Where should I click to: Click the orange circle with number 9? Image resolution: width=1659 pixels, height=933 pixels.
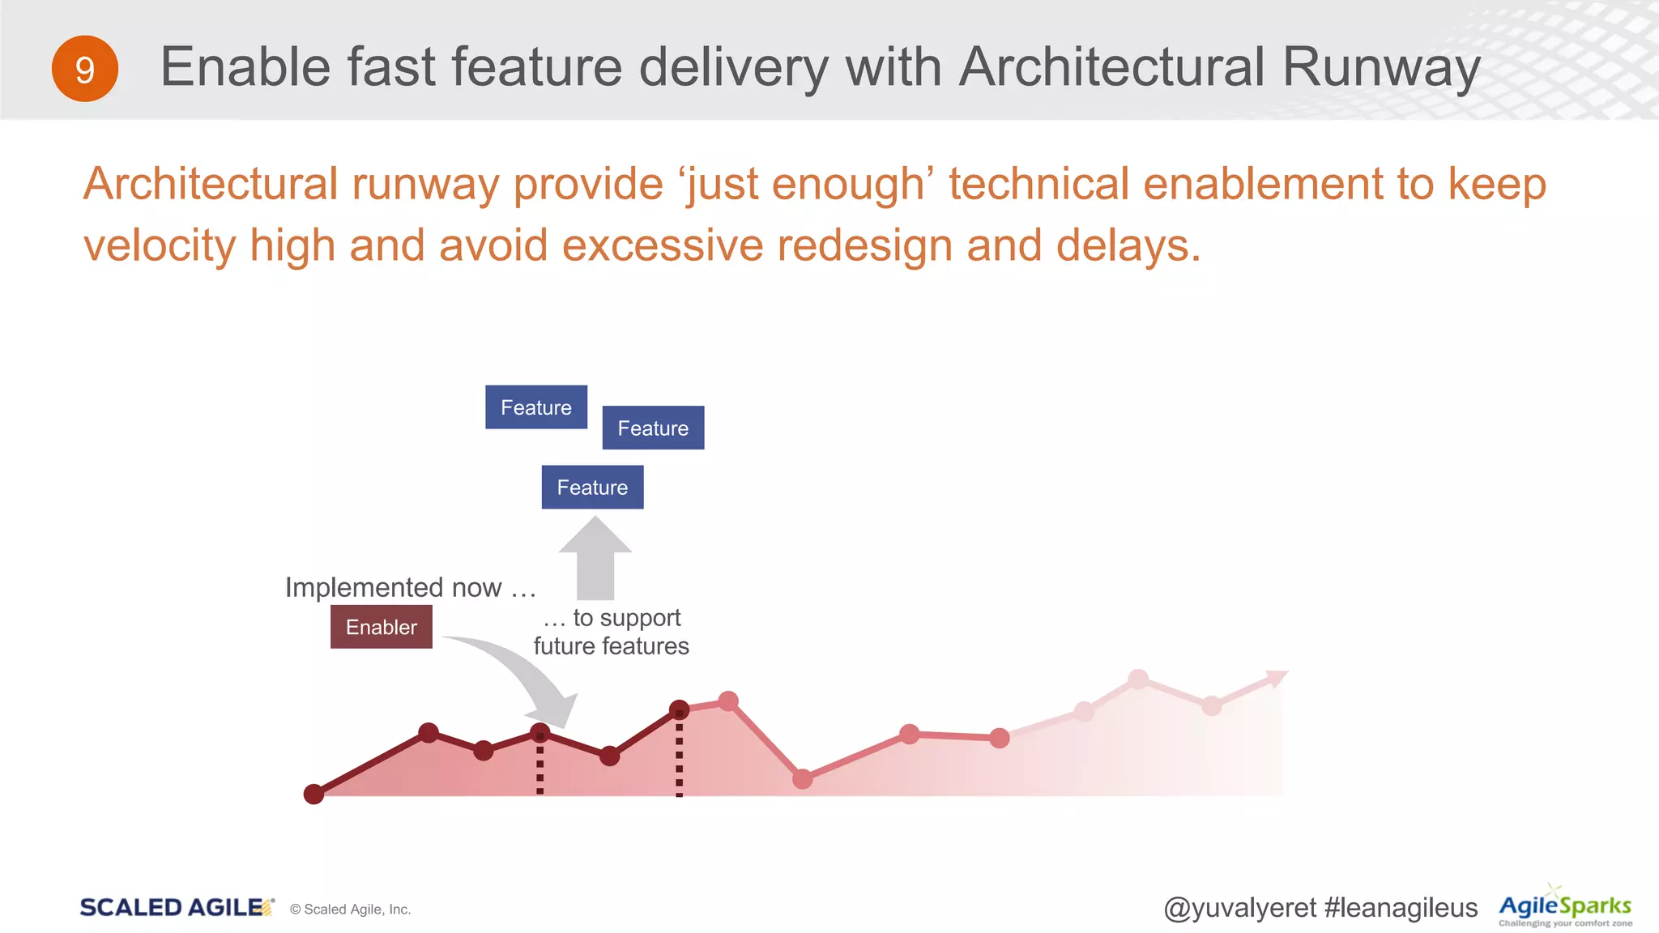85,69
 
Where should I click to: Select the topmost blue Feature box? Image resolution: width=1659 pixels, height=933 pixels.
536,407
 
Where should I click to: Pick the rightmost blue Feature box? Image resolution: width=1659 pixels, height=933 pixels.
653,428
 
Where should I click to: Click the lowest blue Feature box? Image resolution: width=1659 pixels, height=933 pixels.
592,487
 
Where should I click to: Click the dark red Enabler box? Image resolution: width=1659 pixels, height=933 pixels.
381,627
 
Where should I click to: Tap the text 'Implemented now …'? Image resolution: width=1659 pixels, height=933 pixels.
410,587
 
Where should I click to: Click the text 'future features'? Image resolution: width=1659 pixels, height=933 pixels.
611,646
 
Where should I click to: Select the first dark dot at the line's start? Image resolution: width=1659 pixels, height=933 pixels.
313,795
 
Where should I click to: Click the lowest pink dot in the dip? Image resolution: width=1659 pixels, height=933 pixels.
802,779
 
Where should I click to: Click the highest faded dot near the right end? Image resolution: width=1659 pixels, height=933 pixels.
1138,679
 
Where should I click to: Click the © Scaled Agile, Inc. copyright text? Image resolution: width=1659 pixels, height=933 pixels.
350,910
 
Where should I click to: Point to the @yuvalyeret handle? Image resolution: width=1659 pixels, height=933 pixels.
1239,908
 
